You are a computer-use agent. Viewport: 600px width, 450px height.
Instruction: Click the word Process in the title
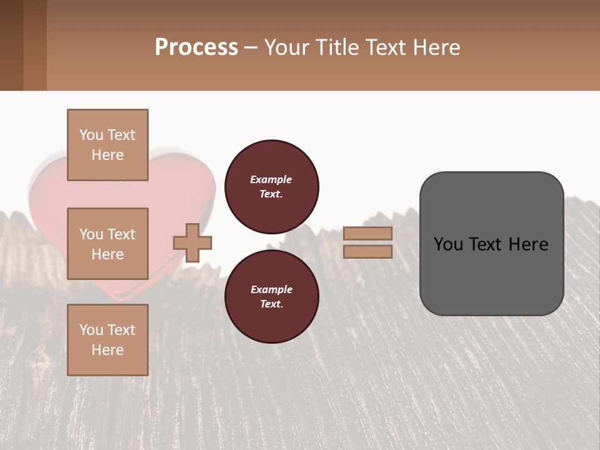point(196,47)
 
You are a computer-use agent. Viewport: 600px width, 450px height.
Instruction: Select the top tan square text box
point(107,145)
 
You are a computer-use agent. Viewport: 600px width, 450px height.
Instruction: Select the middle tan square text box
point(107,244)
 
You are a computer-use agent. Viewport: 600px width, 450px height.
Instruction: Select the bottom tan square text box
point(107,340)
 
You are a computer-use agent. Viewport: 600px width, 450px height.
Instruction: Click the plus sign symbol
point(192,242)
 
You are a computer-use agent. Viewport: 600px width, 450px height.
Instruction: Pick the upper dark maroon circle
point(272,187)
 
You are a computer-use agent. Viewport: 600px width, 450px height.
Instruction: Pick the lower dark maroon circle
point(272,297)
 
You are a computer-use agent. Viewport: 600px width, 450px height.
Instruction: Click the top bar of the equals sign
point(367,233)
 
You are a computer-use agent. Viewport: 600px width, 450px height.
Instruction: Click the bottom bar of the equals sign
point(367,252)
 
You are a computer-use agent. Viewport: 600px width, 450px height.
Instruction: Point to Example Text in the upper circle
point(271,187)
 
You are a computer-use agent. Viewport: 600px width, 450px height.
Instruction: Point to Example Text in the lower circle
point(271,297)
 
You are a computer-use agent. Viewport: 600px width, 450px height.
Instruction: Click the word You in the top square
point(91,135)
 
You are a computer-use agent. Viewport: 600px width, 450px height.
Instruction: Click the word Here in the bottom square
point(107,350)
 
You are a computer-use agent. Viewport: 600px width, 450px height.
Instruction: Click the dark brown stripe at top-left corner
point(11,45)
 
